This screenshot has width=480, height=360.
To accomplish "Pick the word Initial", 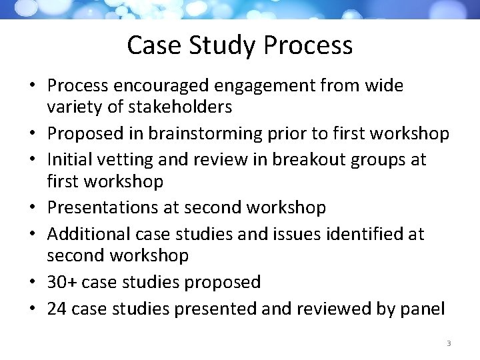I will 71,159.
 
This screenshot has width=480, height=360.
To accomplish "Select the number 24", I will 57,309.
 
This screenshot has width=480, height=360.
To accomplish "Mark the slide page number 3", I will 449,343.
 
